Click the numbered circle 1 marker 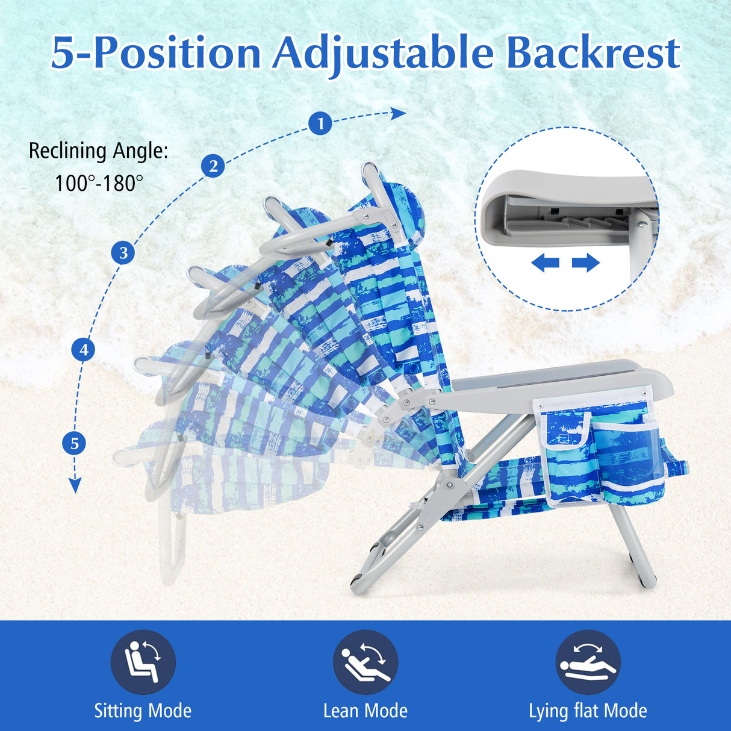(x=320, y=123)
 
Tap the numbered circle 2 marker (x=213, y=166)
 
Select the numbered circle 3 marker (x=123, y=252)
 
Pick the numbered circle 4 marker (x=83, y=349)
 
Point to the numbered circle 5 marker (x=75, y=444)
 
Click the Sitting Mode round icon (x=143, y=662)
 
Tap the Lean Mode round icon (x=365, y=662)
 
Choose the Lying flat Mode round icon (x=588, y=662)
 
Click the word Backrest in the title (x=593, y=53)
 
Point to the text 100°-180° (x=99, y=183)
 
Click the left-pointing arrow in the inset (x=546, y=263)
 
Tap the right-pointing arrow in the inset (x=586, y=263)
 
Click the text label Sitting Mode (x=143, y=711)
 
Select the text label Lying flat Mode (x=588, y=711)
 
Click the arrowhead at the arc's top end (x=399, y=113)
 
